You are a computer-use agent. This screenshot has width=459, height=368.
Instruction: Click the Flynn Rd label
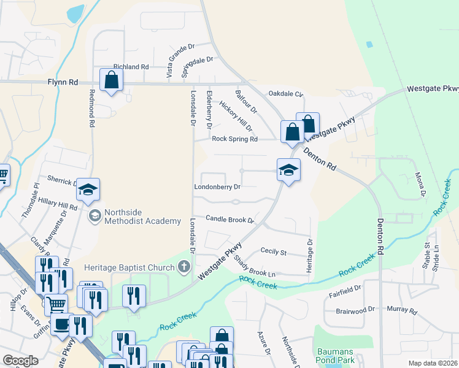click(x=63, y=82)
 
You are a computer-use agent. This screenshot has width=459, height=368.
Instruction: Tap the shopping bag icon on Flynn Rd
click(x=111, y=80)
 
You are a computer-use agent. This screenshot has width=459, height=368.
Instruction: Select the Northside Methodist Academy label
click(x=142, y=217)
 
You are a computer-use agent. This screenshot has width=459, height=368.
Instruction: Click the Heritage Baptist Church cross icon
click(x=183, y=266)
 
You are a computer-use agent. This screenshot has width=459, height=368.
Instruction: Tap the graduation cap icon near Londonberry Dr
click(x=288, y=171)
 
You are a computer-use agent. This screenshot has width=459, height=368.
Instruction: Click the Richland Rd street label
click(x=131, y=67)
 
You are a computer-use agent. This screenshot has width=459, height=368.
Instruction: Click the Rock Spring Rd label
click(x=234, y=139)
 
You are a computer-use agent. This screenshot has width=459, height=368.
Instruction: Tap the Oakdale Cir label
click(x=286, y=94)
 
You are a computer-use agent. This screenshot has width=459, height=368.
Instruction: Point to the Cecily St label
click(x=274, y=251)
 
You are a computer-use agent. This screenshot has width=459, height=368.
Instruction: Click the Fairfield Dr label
click(x=345, y=286)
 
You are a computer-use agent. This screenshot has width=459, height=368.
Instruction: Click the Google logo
click(x=20, y=361)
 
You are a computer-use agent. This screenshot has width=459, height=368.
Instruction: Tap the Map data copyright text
click(x=433, y=363)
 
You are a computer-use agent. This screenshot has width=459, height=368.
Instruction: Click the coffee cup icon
click(x=61, y=324)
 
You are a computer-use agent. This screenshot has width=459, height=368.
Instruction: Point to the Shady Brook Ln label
click(x=254, y=267)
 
